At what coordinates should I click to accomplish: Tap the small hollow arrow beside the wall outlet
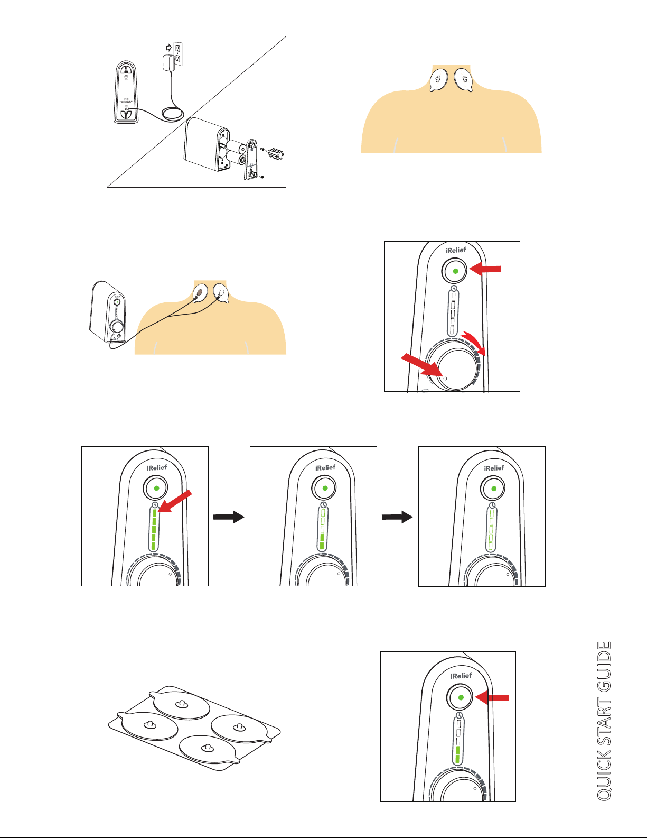click(168, 47)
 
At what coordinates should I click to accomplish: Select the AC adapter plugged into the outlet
click(170, 64)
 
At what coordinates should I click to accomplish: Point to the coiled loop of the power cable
click(173, 113)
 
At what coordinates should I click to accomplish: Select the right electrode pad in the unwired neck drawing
click(463, 80)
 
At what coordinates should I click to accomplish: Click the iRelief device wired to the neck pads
click(109, 314)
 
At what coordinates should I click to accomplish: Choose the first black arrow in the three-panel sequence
click(229, 517)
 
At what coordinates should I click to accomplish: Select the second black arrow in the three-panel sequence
click(397, 517)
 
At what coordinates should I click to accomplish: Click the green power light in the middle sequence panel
click(325, 488)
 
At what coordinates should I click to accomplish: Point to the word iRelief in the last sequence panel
click(494, 468)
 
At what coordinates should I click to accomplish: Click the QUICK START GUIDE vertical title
click(604, 720)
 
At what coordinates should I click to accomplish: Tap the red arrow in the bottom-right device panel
click(492, 698)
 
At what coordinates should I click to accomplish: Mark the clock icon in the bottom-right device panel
click(459, 715)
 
